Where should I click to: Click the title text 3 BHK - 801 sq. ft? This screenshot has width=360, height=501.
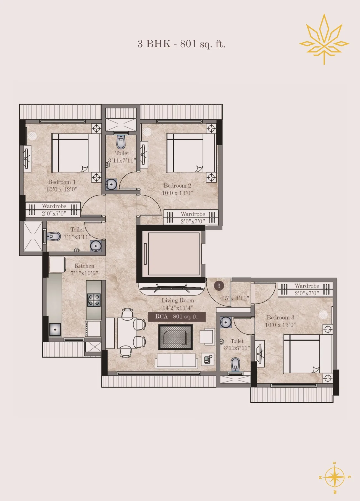click(x=182, y=44)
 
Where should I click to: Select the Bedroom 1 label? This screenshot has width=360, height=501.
click(x=62, y=182)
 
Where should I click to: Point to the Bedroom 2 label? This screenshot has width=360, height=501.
click(x=177, y=186)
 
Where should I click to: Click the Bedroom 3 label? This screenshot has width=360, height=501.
click(x=280, y=318)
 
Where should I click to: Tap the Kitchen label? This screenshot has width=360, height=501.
click(x=85, y=266)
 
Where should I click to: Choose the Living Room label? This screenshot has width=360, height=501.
click(x=178, y=300)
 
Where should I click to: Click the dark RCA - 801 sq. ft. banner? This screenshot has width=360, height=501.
click(x=177, y=317)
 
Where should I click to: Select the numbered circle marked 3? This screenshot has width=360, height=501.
click(x=219, y=286)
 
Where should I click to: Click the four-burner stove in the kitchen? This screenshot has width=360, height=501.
click(x=94, y=300)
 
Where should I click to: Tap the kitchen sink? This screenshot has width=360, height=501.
click(x=55, y=329)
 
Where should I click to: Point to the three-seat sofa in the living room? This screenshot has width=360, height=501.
click(x=177, y=360)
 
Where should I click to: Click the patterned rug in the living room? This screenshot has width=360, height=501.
click(x=175, y=337)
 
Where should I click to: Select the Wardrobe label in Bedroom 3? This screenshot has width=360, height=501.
click(x=307, y=286)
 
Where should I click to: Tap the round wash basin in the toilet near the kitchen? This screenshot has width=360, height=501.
click(x=96, y=245)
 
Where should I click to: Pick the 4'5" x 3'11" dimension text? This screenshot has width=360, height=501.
click(x=235, y=298)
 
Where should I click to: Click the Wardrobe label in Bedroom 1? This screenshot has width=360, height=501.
click(x=54, y=206)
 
